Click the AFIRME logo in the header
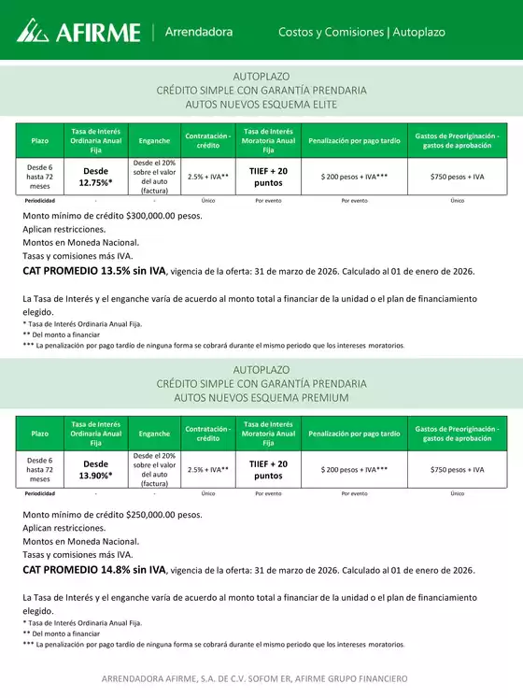(78, 33)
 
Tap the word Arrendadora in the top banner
(199, 32)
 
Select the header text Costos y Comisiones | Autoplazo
(361, 32)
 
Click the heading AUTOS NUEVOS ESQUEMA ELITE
(261, 105)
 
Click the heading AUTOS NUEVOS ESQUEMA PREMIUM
(261, 397)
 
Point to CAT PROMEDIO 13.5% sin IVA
(93, 271)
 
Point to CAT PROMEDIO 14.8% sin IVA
(93, 569)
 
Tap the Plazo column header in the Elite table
(40, 141)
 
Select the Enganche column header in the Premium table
(154, 434)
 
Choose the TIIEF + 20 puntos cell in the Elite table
(268, 177)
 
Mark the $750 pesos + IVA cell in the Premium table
(458, 469)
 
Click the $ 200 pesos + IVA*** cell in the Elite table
(354, 177)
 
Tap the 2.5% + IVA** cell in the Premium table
(208, 469)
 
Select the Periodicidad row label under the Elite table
(40, 200)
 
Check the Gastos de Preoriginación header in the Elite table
(458, 141)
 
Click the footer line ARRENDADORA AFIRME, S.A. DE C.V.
(261, 678)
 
